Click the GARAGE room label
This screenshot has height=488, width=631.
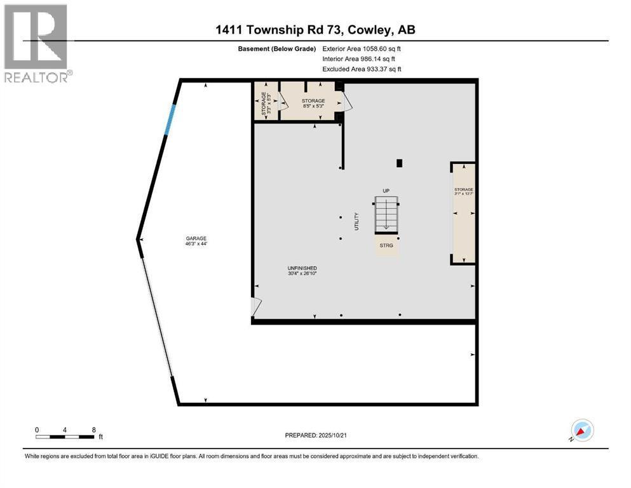(x=196, y=241)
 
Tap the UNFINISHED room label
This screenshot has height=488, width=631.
(x=302, y=271)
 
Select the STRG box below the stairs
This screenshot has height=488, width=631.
(x=386, y=245)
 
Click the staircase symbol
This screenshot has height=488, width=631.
(x=386, y=214)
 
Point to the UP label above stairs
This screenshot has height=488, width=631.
(x=386, y=191)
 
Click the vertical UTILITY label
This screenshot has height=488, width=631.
(x=356, y=221)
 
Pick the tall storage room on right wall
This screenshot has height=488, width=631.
(x=463, y=213)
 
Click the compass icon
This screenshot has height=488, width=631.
(x=582, y=430)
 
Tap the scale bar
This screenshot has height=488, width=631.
(x=65, y=437)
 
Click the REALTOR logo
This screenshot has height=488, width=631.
(x=36, y=43)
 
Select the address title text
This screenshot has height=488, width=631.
(x=316, y=30)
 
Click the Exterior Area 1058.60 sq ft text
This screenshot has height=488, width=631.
(x=362, y=48)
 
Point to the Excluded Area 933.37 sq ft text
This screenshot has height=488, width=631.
(x=362, y=69)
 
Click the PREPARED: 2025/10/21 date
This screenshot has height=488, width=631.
(x=316, y=435)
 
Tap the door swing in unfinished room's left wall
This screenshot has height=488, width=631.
(x=256, y=307)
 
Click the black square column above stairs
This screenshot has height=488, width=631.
(x=399, y=163)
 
